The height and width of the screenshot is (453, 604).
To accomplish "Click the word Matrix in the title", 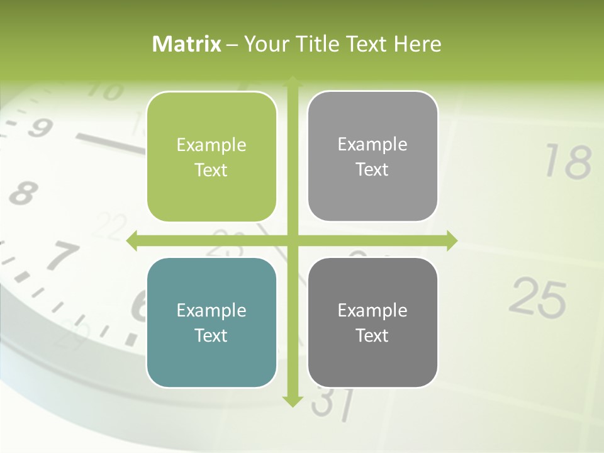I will [x=187, y=44].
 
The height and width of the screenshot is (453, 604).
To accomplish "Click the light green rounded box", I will [x=211, y=157].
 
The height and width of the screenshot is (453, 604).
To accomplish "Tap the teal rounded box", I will [x=211, y=323].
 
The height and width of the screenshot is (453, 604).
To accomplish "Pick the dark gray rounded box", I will [x=372, y=323].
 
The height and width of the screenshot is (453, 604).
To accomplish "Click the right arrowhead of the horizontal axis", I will [x=451, y=240].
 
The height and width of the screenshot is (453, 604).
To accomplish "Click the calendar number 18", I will [x=568, y=162].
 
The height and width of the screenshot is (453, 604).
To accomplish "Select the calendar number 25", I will [x=538, y=298].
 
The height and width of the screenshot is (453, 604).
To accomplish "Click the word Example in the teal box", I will [x=211, y=310].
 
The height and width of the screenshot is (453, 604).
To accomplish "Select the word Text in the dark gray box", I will [x=372, y=336].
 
